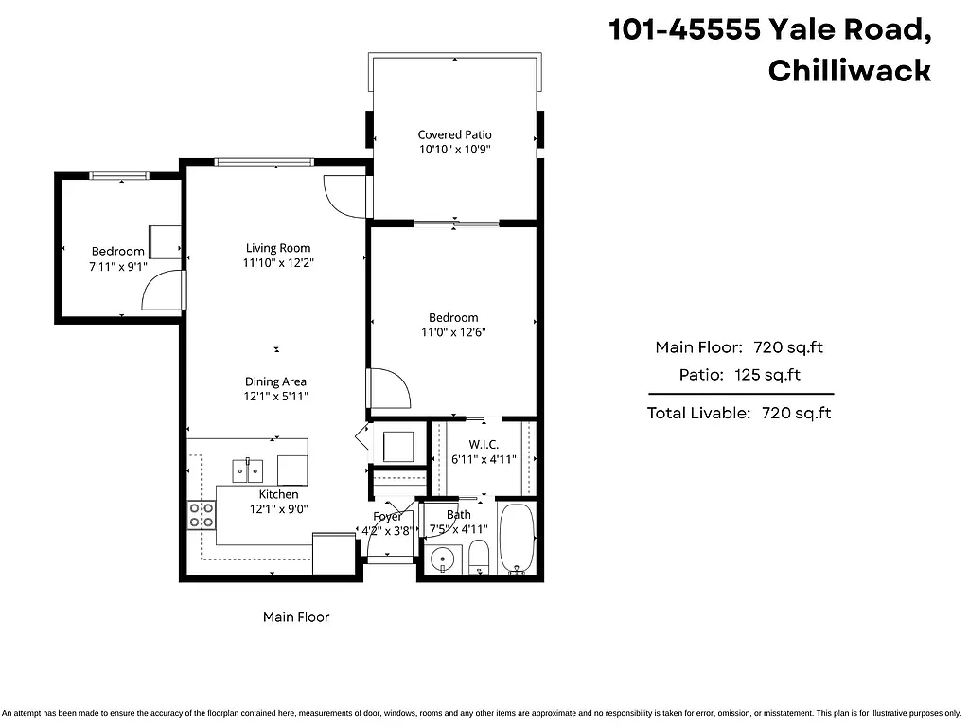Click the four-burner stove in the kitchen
click(x=202, y=515)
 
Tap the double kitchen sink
click(x=249, y=469)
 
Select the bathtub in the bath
click(x=517, y=540)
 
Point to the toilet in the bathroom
click(x=479, y=559)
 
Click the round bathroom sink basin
click(x=441, y=559)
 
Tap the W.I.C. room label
click(x=484, y=445)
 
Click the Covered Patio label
click(x=455, y=134)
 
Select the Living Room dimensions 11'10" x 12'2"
click(x=278, y=263)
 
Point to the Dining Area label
click(x=275, y=381)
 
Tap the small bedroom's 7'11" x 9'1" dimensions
click(x=118, y=267)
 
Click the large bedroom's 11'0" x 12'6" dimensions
click(x=453, y=332)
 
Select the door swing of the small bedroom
click(x=159, y=292)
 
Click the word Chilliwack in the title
click(x=849, y=71)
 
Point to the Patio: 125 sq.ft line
click(x=739, y=375)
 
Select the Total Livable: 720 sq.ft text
click(x=739, y=413)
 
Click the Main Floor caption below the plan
click(x=296, y=617)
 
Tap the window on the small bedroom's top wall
click(x=119, y=175)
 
